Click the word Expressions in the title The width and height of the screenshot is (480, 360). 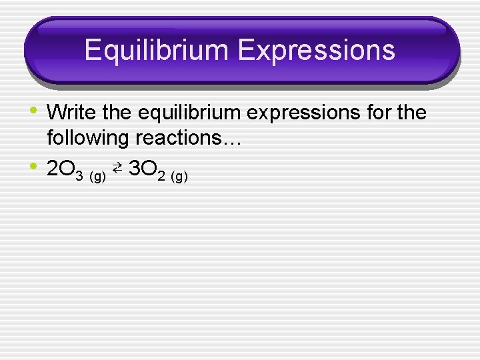click(311, 51)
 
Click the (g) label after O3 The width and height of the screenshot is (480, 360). click(97, 177)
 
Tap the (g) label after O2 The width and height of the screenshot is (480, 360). click(179, 177)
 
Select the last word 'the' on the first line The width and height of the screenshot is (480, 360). click(411, 113)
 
